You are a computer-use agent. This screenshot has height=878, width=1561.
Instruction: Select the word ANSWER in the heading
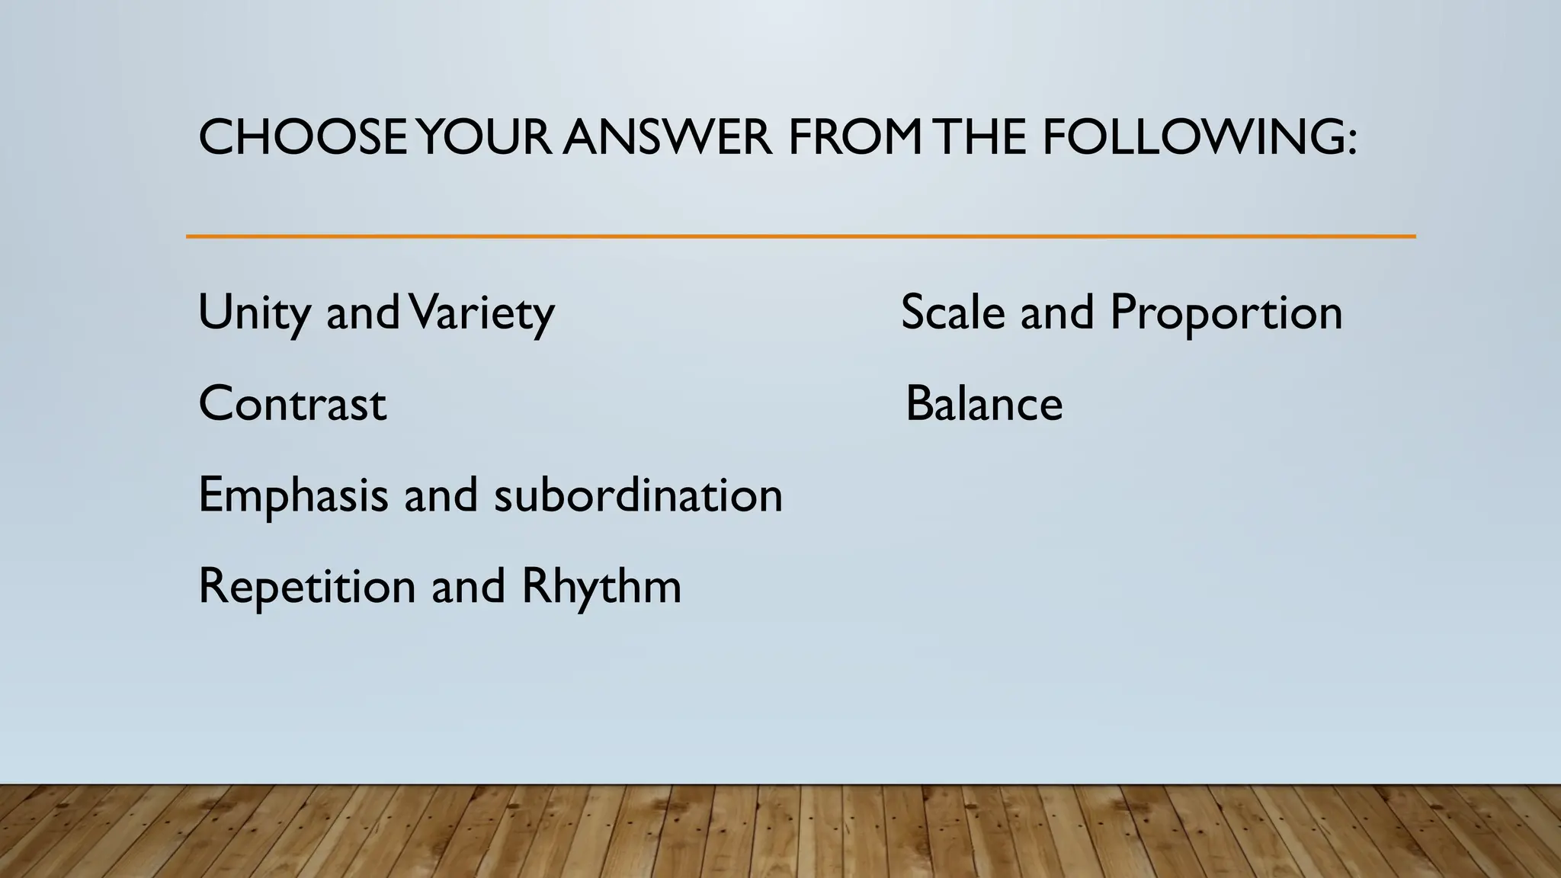668,138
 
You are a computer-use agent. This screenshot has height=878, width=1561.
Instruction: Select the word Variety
482,312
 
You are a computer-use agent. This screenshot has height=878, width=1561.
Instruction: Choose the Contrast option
293,403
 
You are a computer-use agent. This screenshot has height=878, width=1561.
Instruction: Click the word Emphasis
293,495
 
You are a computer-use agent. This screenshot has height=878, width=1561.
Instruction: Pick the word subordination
638,495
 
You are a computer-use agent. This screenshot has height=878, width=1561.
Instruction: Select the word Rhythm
601,586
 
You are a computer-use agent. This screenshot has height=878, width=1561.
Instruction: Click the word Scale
953,312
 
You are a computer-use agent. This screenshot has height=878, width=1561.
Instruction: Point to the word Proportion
1226,312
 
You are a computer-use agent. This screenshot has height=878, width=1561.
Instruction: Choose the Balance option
984,403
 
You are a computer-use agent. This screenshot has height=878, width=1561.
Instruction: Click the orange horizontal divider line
800,236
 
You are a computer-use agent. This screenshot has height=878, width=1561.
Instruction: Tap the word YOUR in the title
485,138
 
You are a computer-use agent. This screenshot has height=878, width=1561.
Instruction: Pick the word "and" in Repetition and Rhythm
468,586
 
